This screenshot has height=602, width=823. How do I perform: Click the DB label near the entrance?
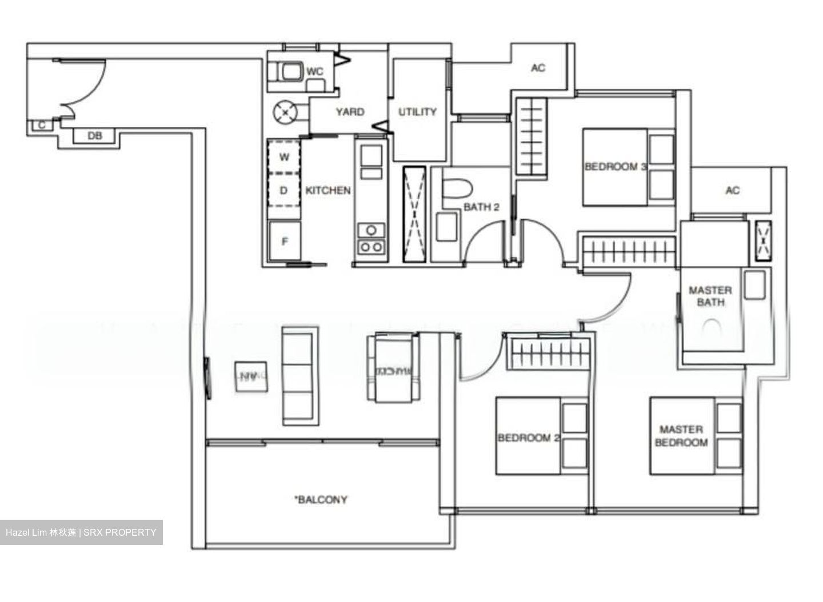click(x=94, y=136)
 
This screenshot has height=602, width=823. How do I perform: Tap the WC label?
click(x=315, y=71)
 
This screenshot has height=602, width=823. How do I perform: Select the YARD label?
click(x=350, y=112)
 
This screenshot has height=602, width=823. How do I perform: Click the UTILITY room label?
click(x=417, y=112)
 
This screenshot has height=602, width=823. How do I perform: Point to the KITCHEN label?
click(x=328, y=190)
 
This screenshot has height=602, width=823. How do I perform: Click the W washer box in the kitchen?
click(x=284, y=156)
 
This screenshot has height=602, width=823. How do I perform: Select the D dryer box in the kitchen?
click(x=284, y=190)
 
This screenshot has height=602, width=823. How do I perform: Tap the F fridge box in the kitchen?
click(x=284, y=242)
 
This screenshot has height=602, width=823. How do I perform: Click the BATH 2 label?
click(x=481, y=207)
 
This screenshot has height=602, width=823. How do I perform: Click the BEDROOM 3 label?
click(x=616, y=167)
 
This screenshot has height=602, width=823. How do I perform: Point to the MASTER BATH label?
click(x=710, y=296)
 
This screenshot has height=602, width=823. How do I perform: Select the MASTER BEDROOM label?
click(x=681, y=436)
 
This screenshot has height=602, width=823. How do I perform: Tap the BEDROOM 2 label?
click(x=528, y=438)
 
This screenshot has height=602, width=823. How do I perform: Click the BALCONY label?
click(x=321, y=500)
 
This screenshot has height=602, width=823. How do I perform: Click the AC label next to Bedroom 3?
click(x=538, y=68)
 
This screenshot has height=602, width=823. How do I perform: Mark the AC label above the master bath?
click(x=732, y=190)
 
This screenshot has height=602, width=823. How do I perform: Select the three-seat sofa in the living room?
click(x=298, y=376)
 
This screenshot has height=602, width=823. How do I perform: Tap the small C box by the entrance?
click(x=42, y=125)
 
